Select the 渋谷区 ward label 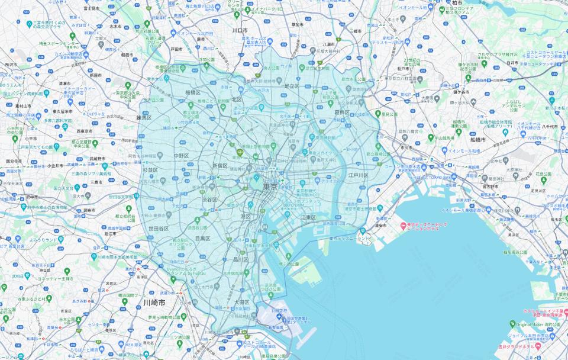click(209, 200)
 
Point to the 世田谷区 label click(159, 229)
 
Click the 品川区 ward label click(241, 259)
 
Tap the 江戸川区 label click(359, 175)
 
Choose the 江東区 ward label click(308, 218)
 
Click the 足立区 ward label click(292, 86)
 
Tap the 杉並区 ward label click(151, 170)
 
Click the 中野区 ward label click(181, 156)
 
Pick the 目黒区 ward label click(202, 239)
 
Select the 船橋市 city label click(477, 140)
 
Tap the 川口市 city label click(240, 30)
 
